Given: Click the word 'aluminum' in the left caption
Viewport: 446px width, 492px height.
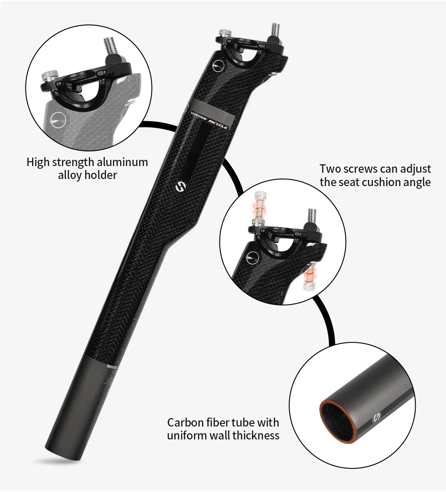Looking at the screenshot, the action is click(123, 162).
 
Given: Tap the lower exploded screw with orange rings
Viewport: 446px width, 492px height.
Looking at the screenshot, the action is click(308, 276).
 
